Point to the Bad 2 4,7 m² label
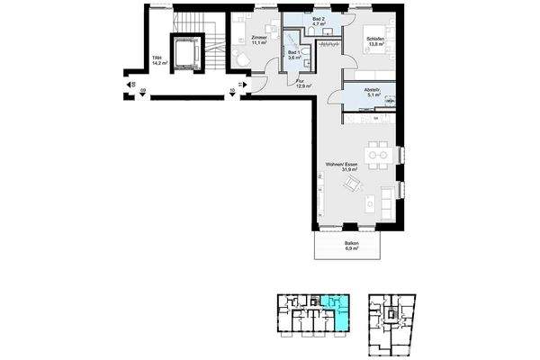click(x=319, y=21)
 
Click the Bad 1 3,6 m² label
click(x=294, y=55)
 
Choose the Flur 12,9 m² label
click(x=303, y=83)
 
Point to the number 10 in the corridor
click(x=231, y=90)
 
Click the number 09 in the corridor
click(x=142, y=90)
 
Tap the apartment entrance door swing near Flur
click(x=258, y=83)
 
